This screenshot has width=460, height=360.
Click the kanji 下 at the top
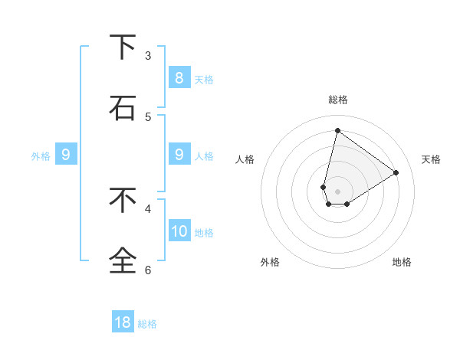coord(123,47)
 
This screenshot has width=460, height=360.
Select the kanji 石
coord(123,108)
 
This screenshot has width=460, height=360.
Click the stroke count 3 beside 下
coord(148,55)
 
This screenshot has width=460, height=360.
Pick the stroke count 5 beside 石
coord(148,116)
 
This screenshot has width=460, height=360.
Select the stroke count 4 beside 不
coord(148,208)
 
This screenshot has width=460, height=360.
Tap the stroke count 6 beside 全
coord(148,270)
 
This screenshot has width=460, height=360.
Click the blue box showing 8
coord(179,77)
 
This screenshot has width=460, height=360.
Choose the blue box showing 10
coord(179,231)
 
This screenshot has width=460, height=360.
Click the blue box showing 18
coord(123,322)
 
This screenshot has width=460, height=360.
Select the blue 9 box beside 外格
coord(66,155)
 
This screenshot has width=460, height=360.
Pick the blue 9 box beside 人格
coord(179,155)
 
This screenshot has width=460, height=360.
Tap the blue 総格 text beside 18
coord(147,324)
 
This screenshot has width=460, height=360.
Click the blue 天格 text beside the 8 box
coord(204,79)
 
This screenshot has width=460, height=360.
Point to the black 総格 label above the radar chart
coord(337,100)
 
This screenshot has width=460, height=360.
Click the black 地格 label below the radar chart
coord(402,262)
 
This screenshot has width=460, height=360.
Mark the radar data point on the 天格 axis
coord(396,172)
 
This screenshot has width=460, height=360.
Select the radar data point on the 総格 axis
coord(337,130)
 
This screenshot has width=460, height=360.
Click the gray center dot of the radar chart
coord(337,191)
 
